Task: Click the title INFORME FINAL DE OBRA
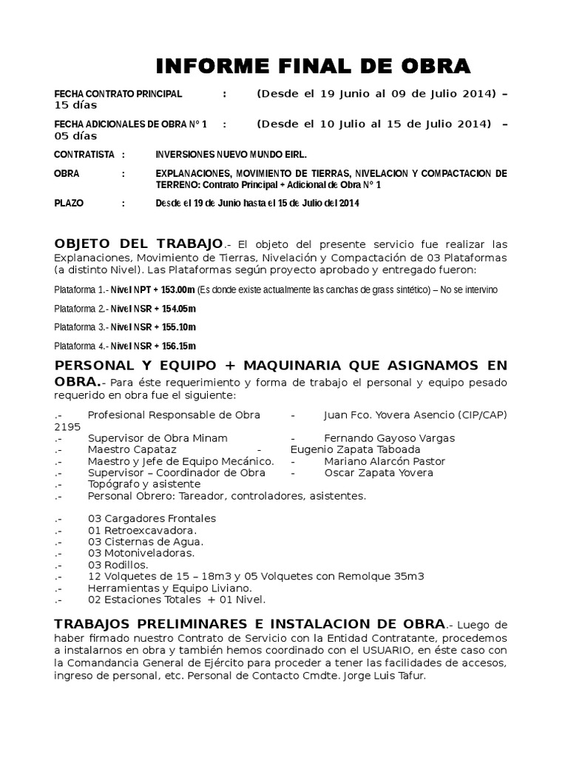tap(313, 67)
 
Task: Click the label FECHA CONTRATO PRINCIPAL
tap(118, 95)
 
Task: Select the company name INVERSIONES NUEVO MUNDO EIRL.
tap(230, 155)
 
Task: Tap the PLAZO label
tap(70, 204)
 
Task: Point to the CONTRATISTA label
tap(84, 155)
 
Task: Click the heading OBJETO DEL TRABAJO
tap(138, 244)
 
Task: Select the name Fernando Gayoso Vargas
tap(389, 437)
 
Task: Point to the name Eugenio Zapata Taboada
tap(355, 449)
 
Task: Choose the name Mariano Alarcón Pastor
tap(385, 461)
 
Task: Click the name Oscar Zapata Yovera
tap(378, 473)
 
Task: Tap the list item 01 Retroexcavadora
tap(142, 530)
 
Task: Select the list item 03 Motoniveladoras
tap(141, 553)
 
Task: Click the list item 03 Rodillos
tap(118, 565)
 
